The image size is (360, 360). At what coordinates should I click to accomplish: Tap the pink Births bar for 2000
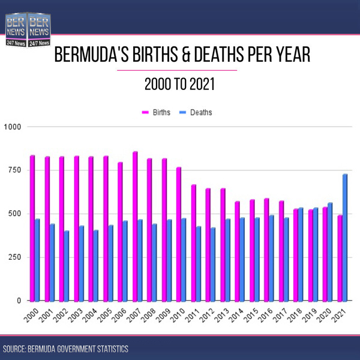click(32, 228)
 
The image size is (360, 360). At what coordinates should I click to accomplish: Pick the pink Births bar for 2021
click(340, 258)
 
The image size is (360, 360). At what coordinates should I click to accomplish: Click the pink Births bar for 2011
click(194, 242)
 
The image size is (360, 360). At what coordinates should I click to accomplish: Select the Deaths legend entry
click(197, 112)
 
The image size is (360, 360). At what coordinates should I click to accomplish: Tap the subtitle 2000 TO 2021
click(179, 85)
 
